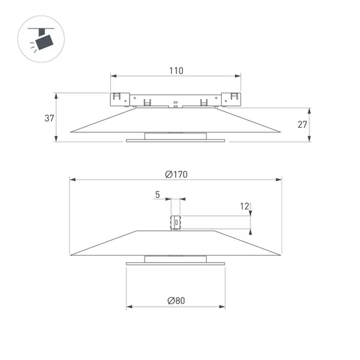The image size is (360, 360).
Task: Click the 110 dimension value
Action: tap(176, 71)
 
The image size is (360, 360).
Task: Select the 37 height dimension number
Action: tap(50, 118)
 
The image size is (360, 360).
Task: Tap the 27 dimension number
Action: tap(302, 125)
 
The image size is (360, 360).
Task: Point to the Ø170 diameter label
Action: tap(176, 174)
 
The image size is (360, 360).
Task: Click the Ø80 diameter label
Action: tap(176, 300)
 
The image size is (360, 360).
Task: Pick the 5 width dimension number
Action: tap(157, 194)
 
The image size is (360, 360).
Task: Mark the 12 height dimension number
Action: tap(244, 206)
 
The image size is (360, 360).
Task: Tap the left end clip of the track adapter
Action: tap(118, 99)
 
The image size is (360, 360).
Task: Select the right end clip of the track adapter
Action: tap(232, 99)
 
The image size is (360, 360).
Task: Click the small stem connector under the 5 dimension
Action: tap(174, 222)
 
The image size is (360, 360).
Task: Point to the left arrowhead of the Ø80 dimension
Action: tap(128, 307)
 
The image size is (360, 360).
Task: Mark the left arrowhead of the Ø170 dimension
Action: tap(71, 180)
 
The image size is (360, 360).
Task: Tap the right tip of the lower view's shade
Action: tap(281, 254)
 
